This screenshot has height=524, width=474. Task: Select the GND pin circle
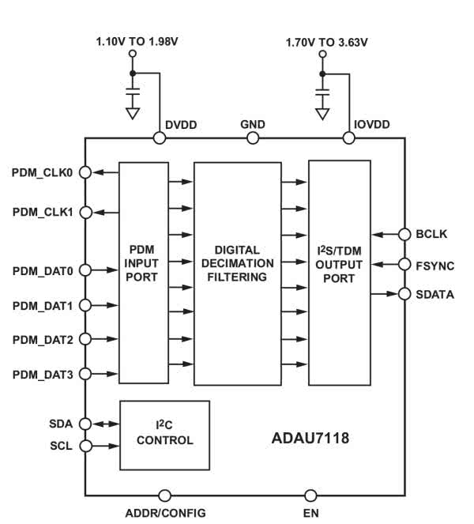(253, 138)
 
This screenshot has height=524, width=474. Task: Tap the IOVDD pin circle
(348, 138)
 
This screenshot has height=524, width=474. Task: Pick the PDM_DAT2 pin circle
(86, 339)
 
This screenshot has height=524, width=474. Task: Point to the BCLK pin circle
(404, 234)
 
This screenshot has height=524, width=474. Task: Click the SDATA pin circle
(404, 294)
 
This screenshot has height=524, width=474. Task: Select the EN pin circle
(310, 496)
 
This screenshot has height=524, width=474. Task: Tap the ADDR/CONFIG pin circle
(164, 496)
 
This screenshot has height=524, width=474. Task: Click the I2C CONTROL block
(164, 435)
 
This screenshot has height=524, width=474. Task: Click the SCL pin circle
(86, 446)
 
